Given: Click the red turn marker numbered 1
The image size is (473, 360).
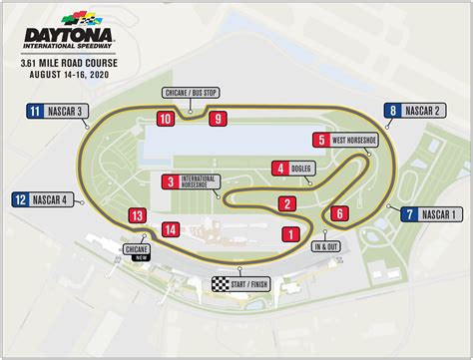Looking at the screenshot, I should pos(290,234).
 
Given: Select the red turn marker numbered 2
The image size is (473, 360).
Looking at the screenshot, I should pos(286,204).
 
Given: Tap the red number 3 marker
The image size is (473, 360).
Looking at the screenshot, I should pos(170,180).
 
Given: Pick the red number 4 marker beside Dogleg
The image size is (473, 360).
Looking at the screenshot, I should pos(281,169).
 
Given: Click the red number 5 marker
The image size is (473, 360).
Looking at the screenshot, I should pos(319,141).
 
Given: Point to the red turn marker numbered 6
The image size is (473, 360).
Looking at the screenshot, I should pos(339,212).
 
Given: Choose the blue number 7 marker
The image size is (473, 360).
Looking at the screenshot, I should pos(406,213).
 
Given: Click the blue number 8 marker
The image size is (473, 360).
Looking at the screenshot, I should pos(393,112).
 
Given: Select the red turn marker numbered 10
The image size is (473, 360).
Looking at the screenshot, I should pos(167,119).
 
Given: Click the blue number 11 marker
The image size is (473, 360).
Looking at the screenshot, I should pos(34,111).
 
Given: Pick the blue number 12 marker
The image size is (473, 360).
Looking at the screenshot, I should pos(20,198).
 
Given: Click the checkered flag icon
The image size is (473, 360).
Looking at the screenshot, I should pos(220,283).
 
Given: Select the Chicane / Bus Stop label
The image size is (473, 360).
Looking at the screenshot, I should pos(191,93).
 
